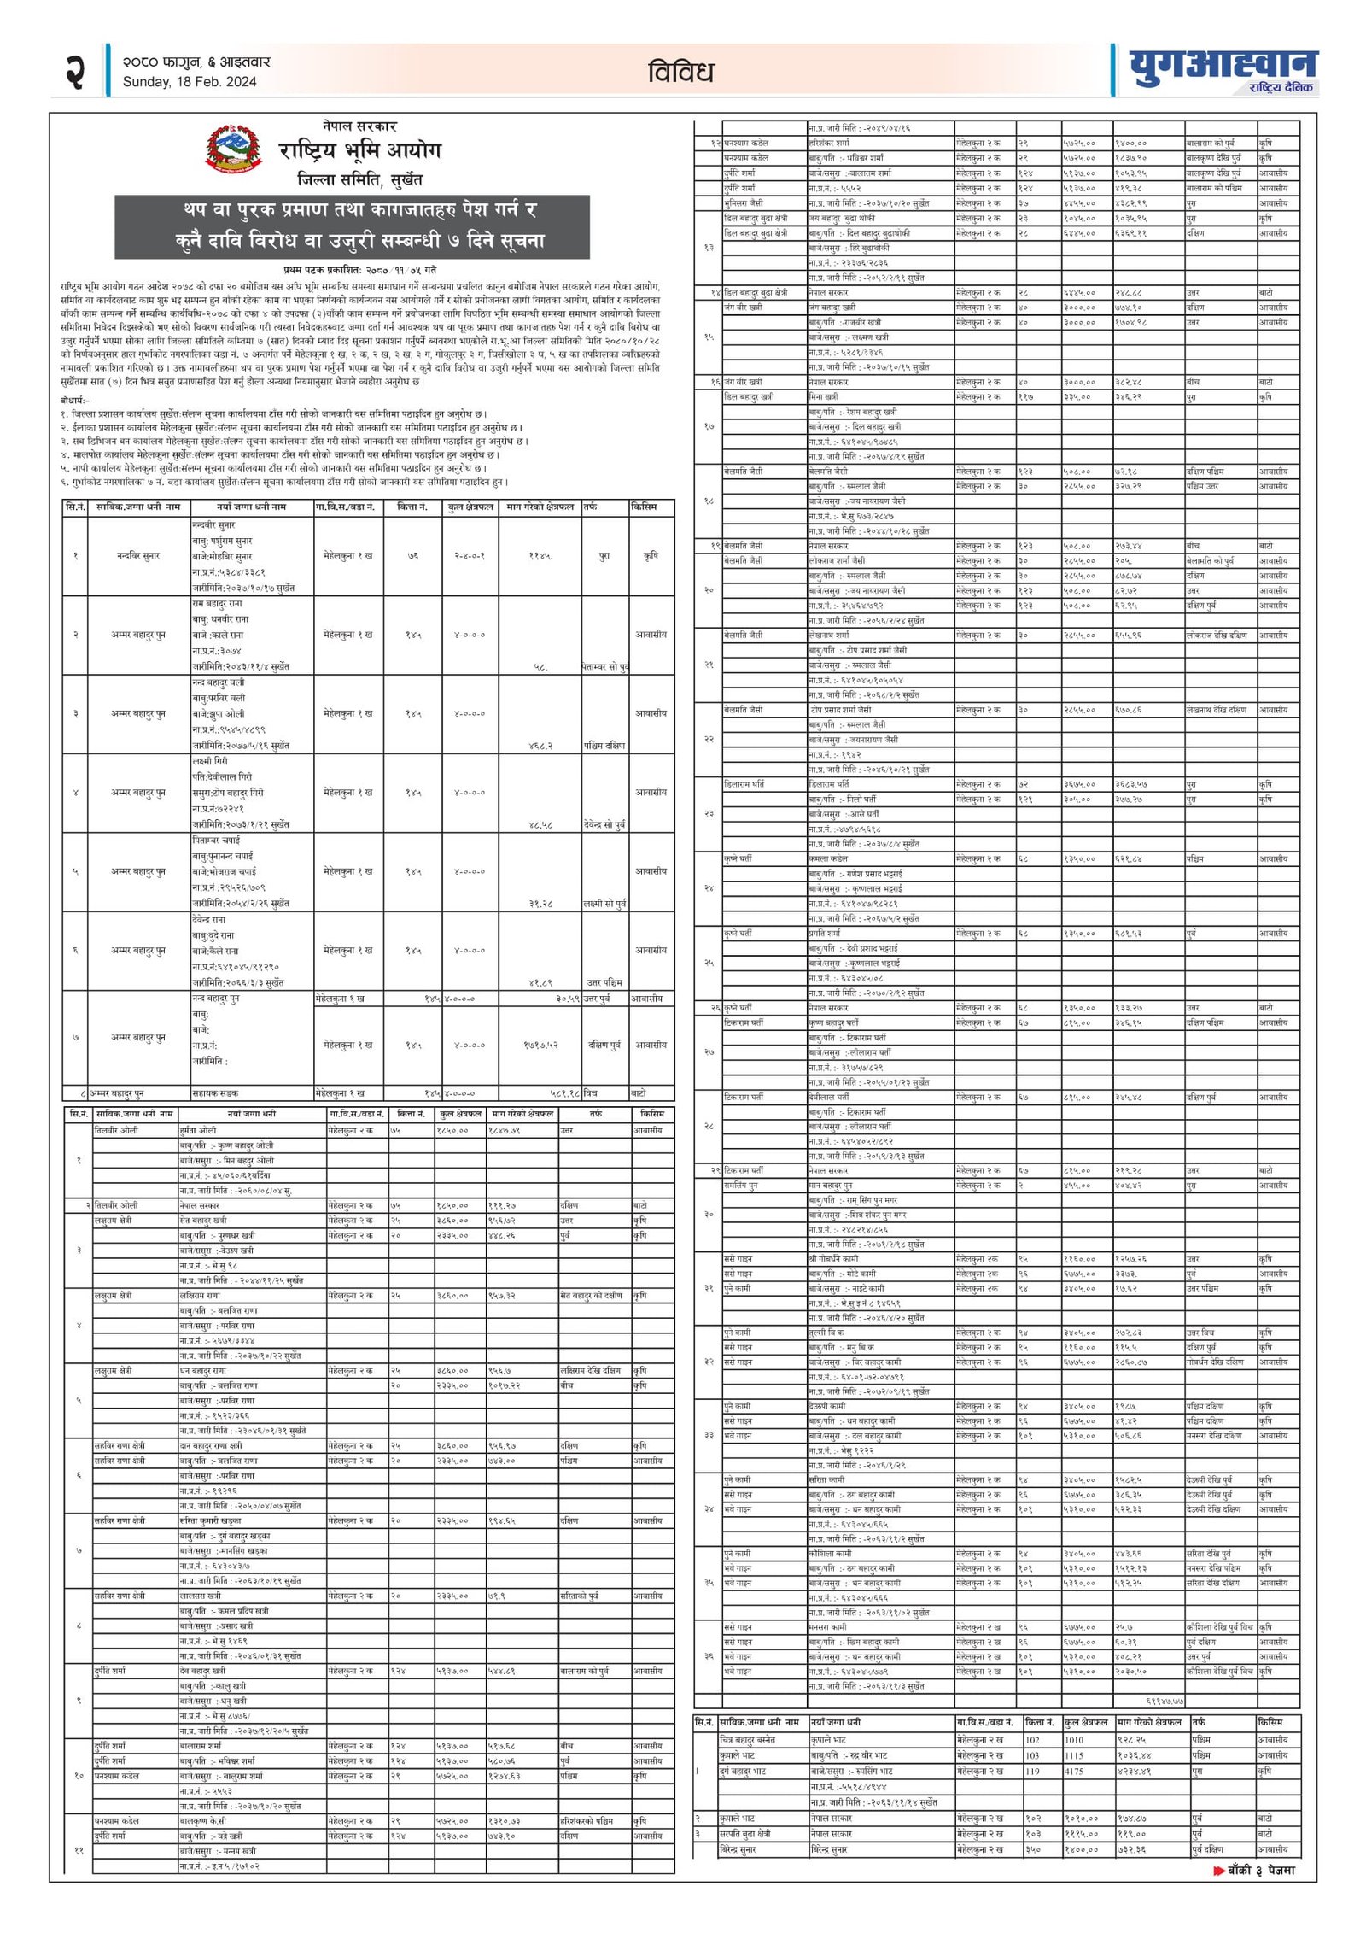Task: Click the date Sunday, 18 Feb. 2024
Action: tap(190, 82)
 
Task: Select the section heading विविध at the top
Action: tap(680, 72)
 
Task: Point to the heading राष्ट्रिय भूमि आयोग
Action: tap(359, 151)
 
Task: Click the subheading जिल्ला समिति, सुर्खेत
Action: tap(359, 180)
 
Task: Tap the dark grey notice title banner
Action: tap(352, 226)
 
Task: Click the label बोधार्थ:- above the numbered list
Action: tap(75, 400)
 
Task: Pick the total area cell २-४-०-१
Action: tap(469, 556)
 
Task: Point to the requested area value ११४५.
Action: tap(540, 556)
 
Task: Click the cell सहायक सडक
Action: tap(216, 1093)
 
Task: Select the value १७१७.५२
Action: tap(541, 1045)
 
